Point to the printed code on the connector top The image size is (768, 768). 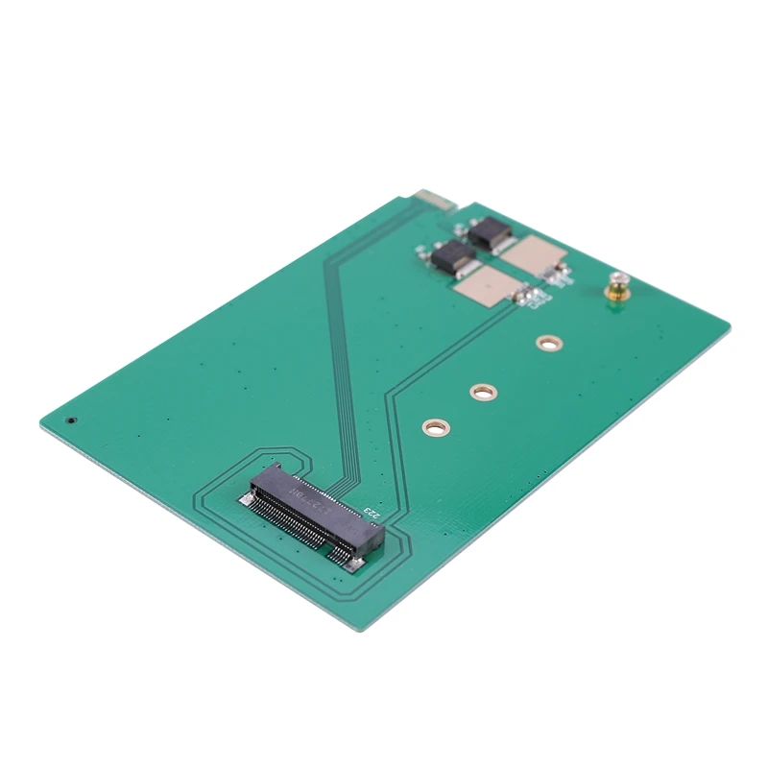click(305, 494)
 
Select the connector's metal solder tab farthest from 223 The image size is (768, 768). click(245, 500)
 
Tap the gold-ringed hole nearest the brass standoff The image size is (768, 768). click(549, 342)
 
